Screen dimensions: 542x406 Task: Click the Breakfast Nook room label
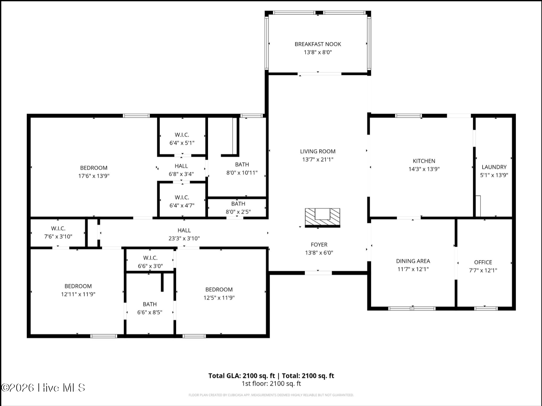click(x=318, y=44)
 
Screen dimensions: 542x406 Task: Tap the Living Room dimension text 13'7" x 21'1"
click(x=318, y=159)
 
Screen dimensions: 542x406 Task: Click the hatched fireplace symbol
click(x=322, y=217)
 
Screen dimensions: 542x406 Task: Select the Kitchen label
click(x=424, y=161)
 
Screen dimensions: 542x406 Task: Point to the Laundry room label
click(x=494, y=167)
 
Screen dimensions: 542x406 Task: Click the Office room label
click(x=483, y=262)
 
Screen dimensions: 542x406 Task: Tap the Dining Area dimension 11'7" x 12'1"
click(x=413, y=269)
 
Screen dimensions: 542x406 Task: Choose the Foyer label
click(x=319, y=244)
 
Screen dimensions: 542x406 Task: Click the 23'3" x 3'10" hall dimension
click(x=184, y=238)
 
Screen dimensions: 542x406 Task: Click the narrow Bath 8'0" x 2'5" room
click(x=238, y=207)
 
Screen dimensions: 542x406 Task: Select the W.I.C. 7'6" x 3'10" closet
click(x=58, y=232)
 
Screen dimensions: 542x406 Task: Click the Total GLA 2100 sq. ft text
click(x=242, y=376)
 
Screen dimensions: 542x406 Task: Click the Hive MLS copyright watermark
click(x=43, y=387)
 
